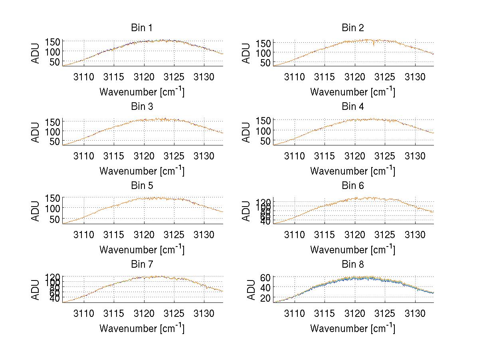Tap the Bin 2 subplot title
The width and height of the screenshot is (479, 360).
(352, 28)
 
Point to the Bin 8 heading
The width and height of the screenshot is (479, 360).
(352, 265)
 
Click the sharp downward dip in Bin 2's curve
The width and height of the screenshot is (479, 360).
(374, 45)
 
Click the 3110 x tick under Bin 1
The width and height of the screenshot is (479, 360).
(84, 77)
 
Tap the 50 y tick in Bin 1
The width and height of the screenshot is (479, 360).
(55, 62)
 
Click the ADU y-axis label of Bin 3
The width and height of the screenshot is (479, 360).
(36, 132)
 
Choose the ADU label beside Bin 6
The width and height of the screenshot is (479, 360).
(247, 211)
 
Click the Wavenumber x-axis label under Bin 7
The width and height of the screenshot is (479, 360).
(142, 328)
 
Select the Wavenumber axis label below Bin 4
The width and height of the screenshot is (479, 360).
(352, 171)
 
